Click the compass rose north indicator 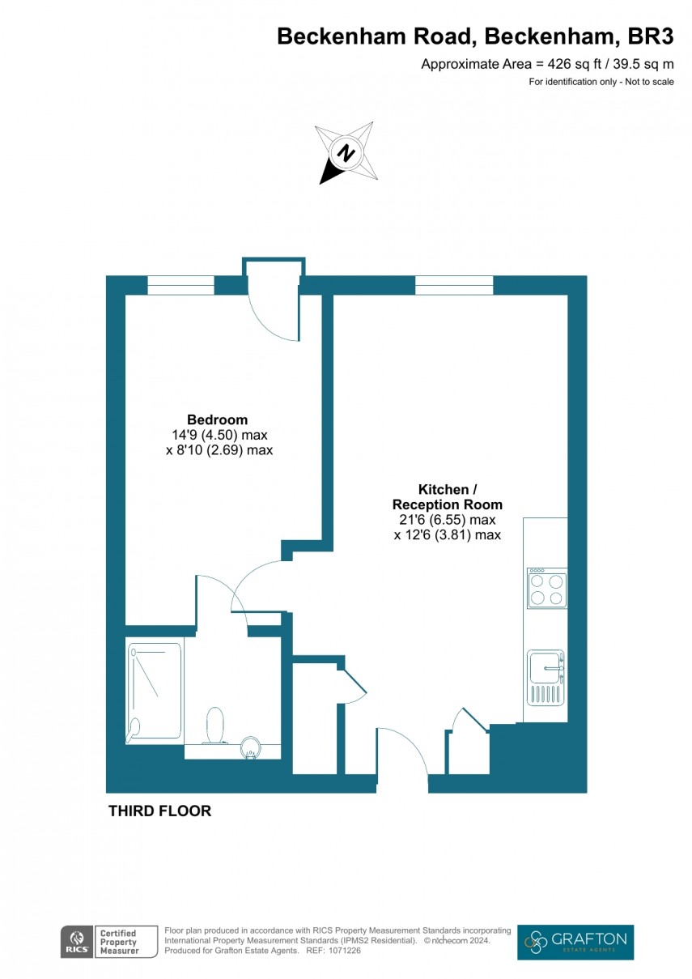(x=347, y=153)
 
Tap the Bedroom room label (x=217, y=419)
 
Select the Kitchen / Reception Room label (x=448, y=496)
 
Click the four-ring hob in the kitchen (x=546, y=589)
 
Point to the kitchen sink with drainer (x=546, y=677)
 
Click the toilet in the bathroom (x=215, y=724)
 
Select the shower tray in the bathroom (x=154, y=692)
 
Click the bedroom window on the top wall (x=180, y=285)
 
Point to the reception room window (x=454, y=285)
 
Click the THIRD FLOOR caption (x=159, y=811)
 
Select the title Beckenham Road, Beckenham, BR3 (x=475, y=36)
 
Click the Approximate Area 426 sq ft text (x=547, y=65)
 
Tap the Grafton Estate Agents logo (x=575, y=942)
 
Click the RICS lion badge (x=75, y=942)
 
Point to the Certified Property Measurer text (x=117, y=942)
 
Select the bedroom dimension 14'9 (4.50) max (x=219, y=435)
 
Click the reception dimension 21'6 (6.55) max (x=448, y=520)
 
